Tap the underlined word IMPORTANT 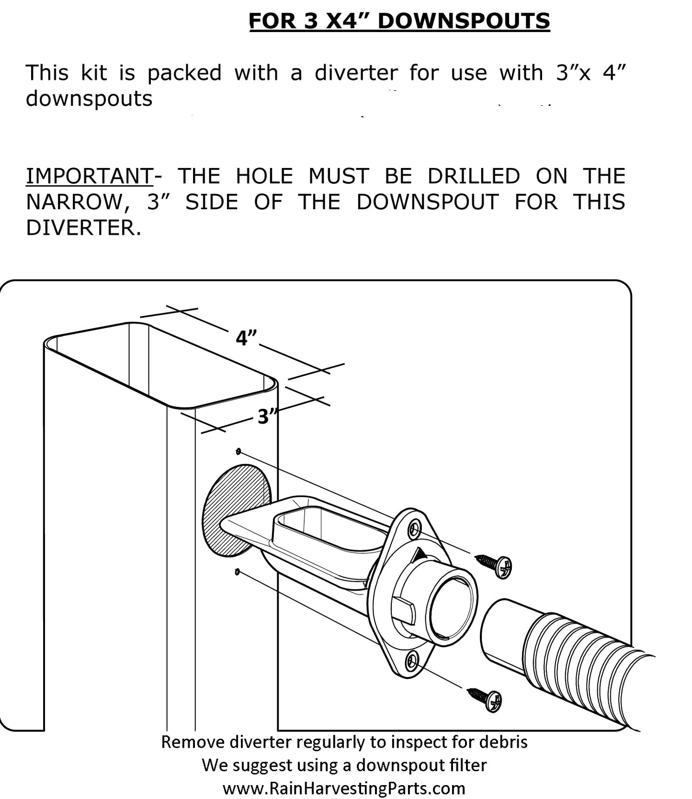89,176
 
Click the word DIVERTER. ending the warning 83,227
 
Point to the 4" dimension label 246,338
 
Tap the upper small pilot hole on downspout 238,451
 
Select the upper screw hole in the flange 414,529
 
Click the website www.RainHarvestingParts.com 344,788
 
